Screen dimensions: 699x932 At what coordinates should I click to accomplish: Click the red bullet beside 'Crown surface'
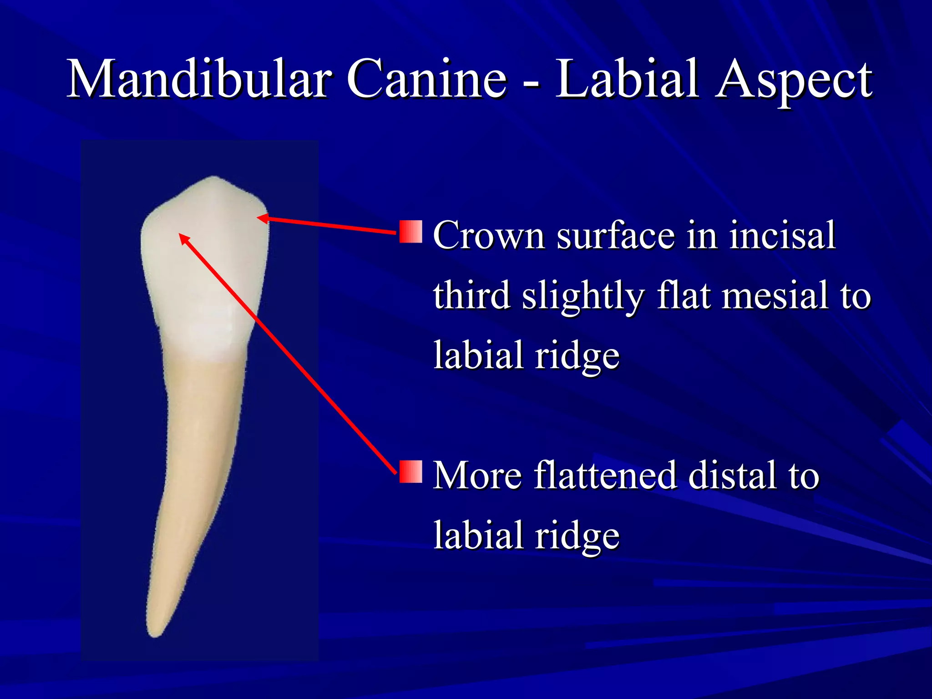click(411, 232)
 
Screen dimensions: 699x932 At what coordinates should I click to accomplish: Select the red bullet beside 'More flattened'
click(411, 471)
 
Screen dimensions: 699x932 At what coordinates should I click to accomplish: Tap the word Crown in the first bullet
click(489, 236)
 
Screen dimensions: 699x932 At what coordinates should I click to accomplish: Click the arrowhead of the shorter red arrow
click(261, 218)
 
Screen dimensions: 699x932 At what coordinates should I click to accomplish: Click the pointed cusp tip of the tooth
click(214, 177)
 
